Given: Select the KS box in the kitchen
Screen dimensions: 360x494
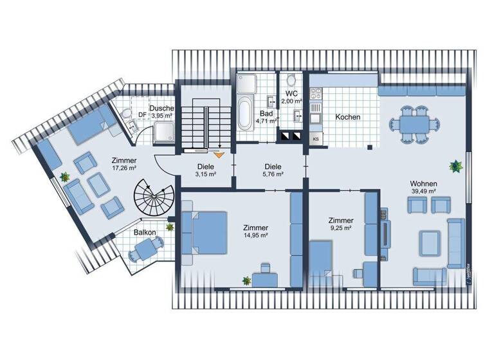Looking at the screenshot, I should coord(316,139).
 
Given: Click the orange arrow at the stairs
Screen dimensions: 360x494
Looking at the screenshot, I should coord(218,154).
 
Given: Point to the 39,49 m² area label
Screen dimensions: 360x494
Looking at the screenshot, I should coord(424,191).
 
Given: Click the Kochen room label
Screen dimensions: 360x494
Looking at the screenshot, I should coord(347,118).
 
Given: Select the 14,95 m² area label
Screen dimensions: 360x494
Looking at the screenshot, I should coord(256,236).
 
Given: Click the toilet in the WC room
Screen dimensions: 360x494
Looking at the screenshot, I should coord(291,81).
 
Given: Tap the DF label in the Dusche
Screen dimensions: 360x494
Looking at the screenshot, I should coord(142,115).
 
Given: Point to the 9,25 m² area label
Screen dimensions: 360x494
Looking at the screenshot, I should coord(340,228).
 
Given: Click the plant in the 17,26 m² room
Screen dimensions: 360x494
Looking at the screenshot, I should coord(65,176).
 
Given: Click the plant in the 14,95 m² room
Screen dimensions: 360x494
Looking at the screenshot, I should coord(246,280).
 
